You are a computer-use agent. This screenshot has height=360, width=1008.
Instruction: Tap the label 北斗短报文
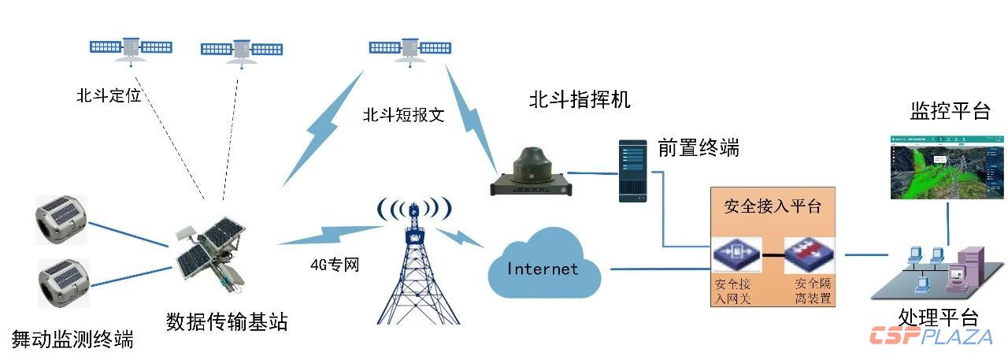click(x=404, y=115)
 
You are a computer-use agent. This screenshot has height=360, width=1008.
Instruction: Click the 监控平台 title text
click(x=950, y=111)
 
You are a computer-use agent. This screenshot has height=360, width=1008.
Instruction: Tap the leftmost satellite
click(x=131, y=48)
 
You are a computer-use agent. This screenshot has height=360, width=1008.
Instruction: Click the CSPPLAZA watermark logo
click(x=931, y=336)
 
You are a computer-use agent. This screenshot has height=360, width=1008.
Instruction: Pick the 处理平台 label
click(x=938, y=317)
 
